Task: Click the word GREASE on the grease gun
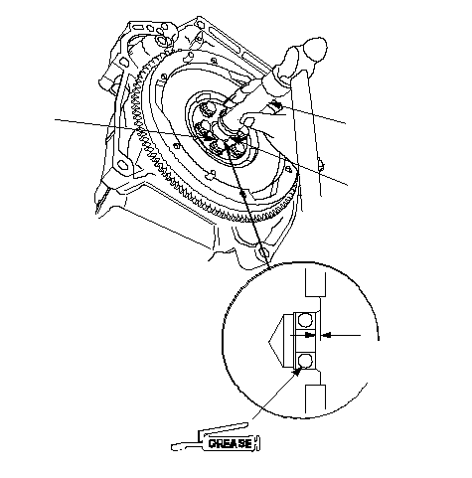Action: (x=231, y=443)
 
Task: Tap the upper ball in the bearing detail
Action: (x=305, y=320)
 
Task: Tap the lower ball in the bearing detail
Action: (x=305, y=360)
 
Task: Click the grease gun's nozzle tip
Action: (x=173, y=447)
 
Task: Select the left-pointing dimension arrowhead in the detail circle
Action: (x=327, y=335)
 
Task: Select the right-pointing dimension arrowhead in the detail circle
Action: (x=310, y=335)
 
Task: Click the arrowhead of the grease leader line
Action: (x=296, y=373)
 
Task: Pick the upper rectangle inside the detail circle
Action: (x=315, y=282)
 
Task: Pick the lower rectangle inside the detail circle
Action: (x=315, y=398)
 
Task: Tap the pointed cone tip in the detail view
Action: (x=269, y=341)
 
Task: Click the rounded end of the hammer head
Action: (x=317, y=49)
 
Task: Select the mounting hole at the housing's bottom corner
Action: (x=264, y=253)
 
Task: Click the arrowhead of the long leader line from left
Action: (x=206, y=135)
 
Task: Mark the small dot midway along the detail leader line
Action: (x=243, y=193)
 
